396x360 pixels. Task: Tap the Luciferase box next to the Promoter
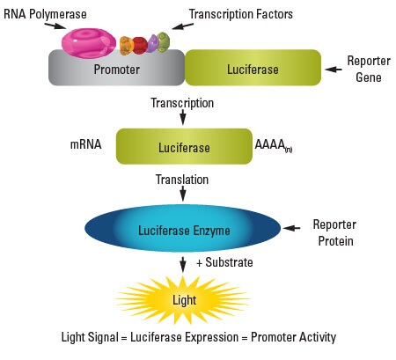click(x=252, y=69)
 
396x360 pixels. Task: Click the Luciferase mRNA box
click(x=183, y=147)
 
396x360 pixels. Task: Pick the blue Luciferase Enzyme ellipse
click(x=183, y=231)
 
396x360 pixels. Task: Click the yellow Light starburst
click(x=184, y=299)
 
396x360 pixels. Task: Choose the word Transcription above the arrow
click(x=184, y=103)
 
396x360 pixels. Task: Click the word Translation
click(x=181, y=179)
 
